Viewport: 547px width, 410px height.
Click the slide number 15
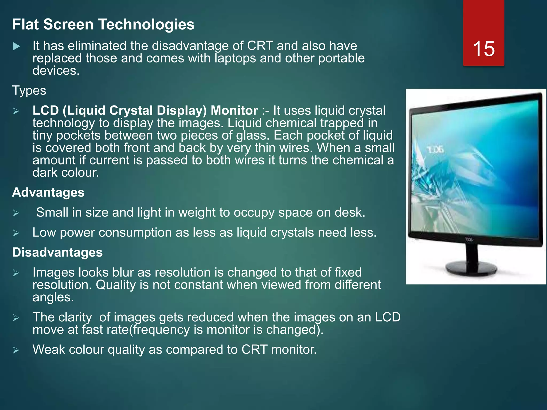point(484,49)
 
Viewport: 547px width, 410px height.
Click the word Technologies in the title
point(146,25)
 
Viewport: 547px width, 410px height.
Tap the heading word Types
point(29,90)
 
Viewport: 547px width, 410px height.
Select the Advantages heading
point(48,192)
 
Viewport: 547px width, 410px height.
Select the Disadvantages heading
point(57,253)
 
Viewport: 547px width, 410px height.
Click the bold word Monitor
point(234,111)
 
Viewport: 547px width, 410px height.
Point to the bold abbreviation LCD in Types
point(45,111)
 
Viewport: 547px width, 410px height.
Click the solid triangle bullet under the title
point(16,46)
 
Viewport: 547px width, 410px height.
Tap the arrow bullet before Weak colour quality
point(16,350)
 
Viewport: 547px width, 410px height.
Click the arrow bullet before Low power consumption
point(16,233)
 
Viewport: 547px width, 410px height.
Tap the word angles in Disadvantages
point(53,297)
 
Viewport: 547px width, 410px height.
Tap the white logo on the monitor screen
point(435,150)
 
